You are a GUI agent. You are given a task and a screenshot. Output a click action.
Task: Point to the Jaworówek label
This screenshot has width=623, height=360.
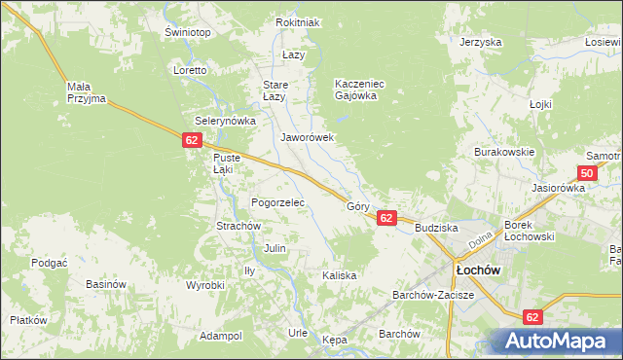point(308,137)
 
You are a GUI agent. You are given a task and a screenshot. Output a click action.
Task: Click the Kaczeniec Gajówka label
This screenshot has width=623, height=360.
point(360,90)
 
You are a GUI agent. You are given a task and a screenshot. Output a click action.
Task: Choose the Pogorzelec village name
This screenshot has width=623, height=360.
point(278,202)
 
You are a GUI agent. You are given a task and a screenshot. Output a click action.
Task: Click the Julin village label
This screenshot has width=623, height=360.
point(275,248)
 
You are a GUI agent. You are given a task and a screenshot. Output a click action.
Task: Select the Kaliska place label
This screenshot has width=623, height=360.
point(340,275)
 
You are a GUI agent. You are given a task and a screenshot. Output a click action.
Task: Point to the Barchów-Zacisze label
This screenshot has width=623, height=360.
point(432,295)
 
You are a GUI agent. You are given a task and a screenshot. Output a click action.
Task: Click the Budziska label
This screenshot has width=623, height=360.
point(436,228)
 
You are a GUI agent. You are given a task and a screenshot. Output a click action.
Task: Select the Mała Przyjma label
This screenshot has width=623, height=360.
point(86,92)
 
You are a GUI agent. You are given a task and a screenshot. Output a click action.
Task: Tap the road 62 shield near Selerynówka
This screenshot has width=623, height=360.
point(191,141)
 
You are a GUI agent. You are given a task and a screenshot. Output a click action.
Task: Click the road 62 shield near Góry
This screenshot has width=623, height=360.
point(386,219)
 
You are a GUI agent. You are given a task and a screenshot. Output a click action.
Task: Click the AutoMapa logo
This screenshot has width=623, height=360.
point(556,341)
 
